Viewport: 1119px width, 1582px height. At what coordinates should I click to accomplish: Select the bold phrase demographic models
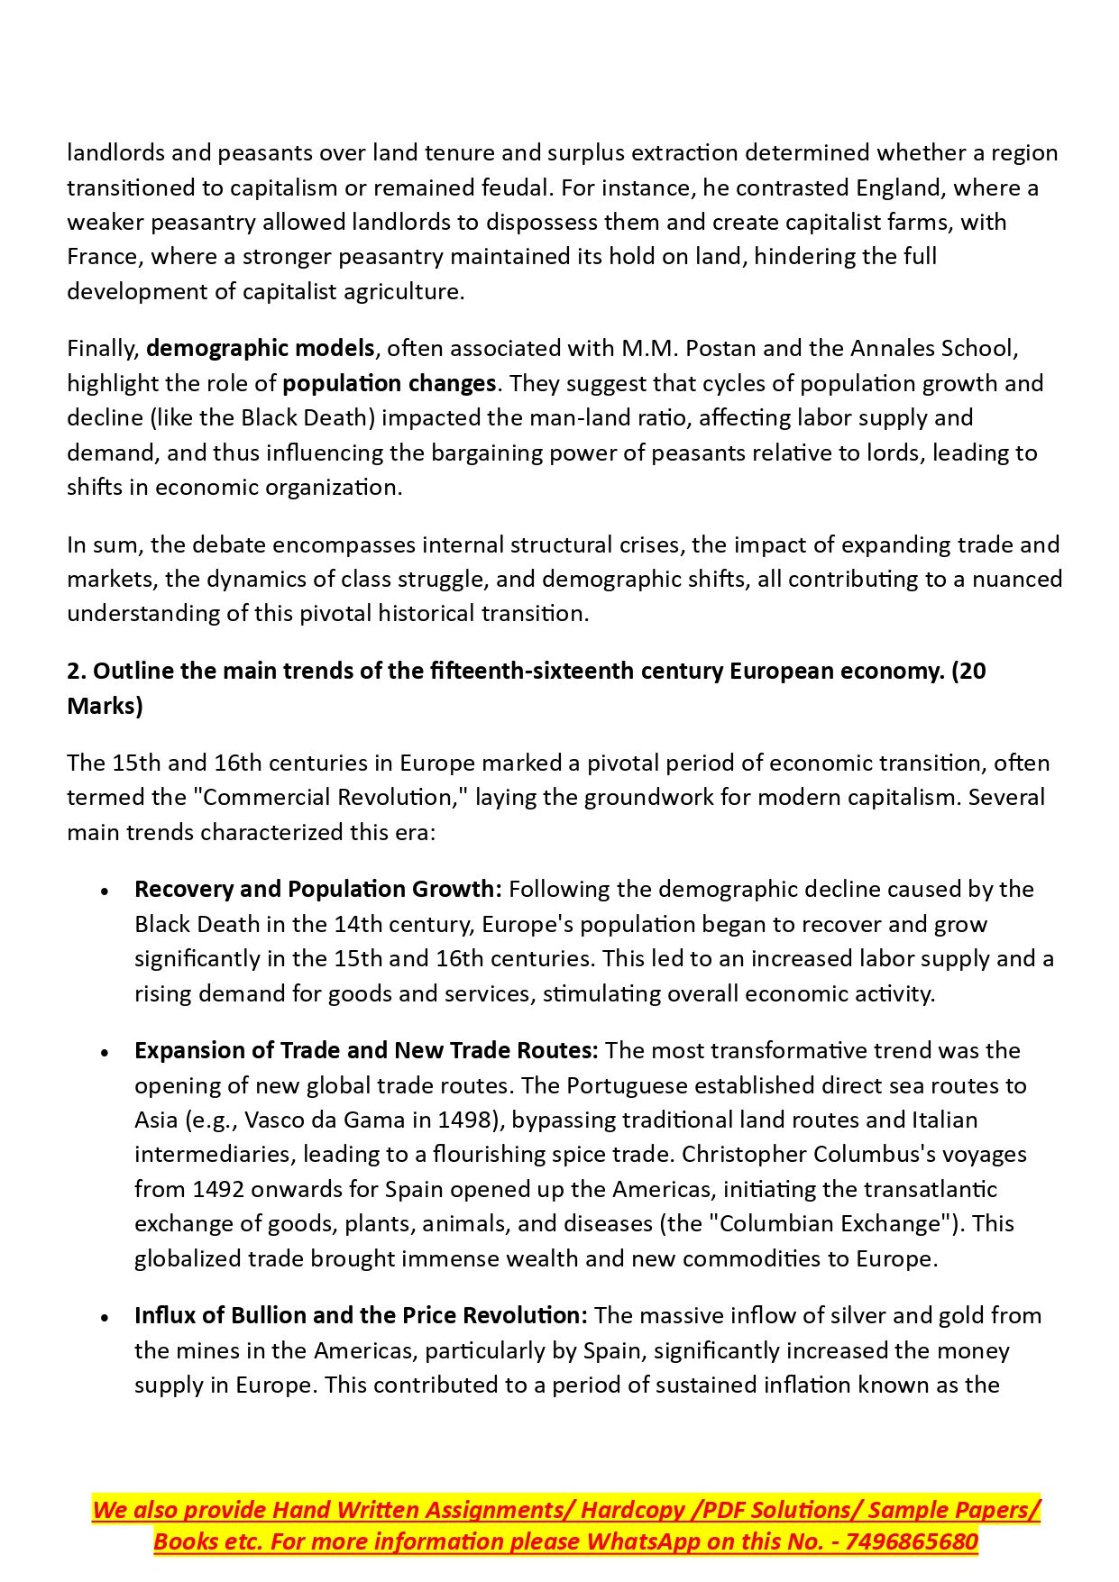(x=261, y=348)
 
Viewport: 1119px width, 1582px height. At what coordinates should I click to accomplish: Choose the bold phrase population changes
(x=389, y=383)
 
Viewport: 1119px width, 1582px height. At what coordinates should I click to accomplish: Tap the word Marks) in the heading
(x=105, y=706)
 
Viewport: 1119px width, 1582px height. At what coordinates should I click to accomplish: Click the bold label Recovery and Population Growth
(x=317, y=890)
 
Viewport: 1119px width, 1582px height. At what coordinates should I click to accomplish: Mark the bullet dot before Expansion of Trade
(x=105, y=1053)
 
